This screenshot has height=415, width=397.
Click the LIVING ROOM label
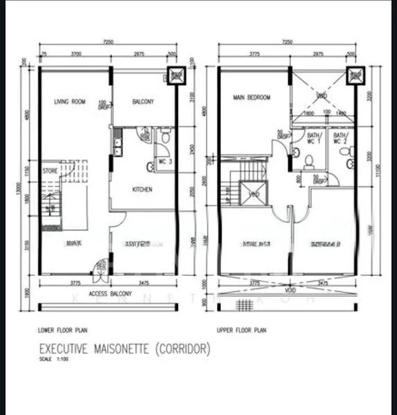pos(69,102)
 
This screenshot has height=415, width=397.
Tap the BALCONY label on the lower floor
pos(142,102)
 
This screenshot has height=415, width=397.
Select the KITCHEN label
pos(142,190)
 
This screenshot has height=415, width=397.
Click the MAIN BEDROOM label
pos(252,98)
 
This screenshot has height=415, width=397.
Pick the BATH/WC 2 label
pos(340,138)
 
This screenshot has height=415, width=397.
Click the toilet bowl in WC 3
pos(150,166)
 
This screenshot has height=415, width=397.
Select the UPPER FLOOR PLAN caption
pos(241,331)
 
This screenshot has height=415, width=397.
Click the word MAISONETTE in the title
pos(122,349)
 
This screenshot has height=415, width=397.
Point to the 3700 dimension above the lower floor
pos(77,53)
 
